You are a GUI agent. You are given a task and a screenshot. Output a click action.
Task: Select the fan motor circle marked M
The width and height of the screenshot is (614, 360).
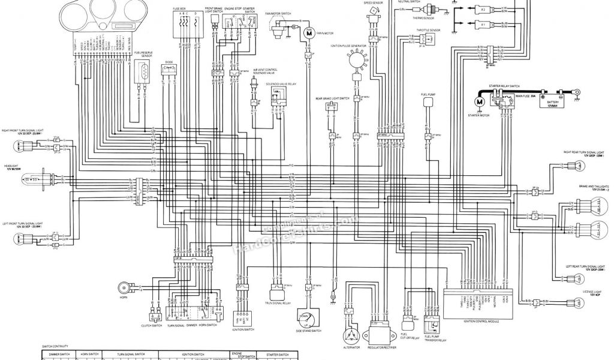(x=309, y=34)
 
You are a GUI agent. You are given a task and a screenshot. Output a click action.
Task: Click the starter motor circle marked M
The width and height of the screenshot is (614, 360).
(x=479, y=100)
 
